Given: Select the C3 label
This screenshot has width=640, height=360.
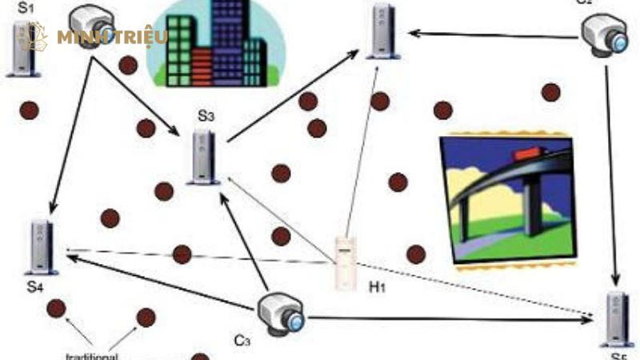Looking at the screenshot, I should coord(243,341).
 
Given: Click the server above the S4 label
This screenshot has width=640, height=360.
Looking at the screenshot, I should coord(40,246).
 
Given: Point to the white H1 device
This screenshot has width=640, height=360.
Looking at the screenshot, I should coord(346,263).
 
